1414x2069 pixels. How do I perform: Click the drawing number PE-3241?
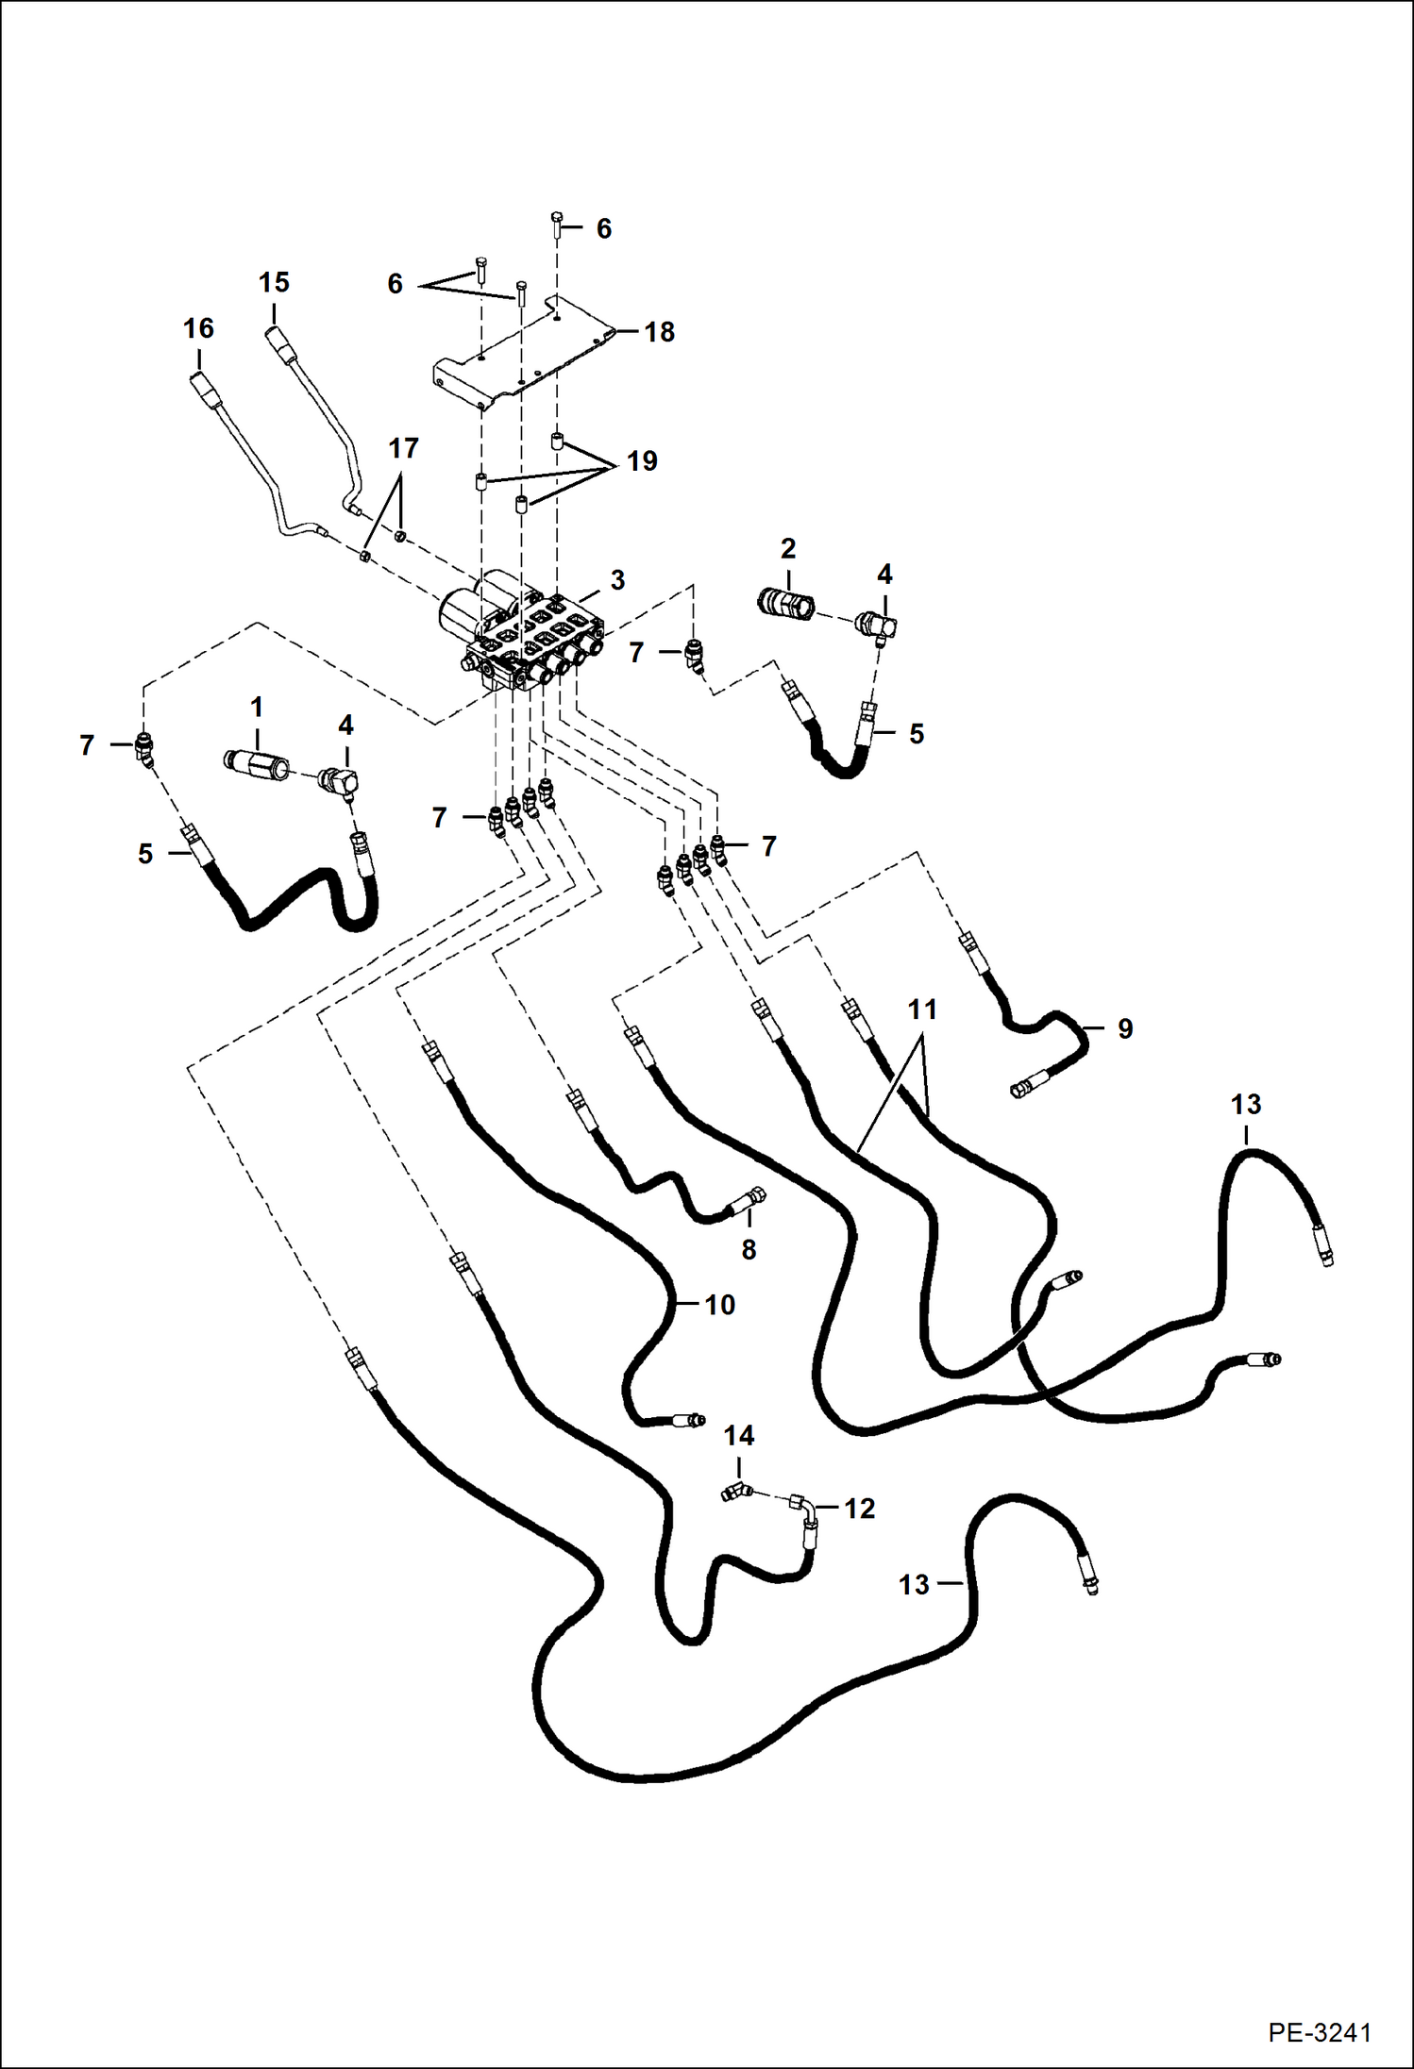(x=1319, y=2031)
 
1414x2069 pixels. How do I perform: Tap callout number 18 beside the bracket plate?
(x=659, y=332)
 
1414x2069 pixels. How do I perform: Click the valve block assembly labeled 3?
(x=524, y=637)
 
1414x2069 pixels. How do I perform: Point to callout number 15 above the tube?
(x=274, y=282)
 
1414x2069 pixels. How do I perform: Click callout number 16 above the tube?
(x=198, y=328)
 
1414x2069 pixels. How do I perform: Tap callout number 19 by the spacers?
(x=642, y=461)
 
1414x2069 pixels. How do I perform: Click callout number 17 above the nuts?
(x=403, y=448)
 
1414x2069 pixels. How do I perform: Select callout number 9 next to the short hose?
(x=1124, y=1028)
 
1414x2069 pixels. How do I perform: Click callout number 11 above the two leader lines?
(x=921, y=1009)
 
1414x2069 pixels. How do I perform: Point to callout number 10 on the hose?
(x=719, y=1305)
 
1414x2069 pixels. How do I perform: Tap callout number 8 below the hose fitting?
(x=749, y=1250)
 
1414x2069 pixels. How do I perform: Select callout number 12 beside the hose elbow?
(x=859, y=1509)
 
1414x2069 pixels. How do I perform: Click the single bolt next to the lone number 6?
(x=557, y=224)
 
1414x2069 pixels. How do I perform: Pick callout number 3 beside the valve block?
(x=617, y=580)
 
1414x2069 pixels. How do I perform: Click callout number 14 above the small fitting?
(x=738, y=1436)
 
